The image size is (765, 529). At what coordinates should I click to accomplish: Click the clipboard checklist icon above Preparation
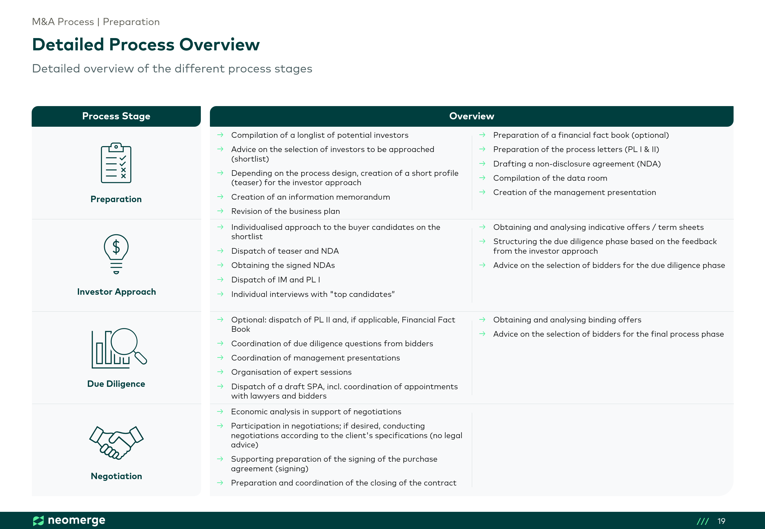click(x=116, y=163)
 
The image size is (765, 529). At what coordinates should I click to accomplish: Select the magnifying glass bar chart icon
click(x=119, y=348)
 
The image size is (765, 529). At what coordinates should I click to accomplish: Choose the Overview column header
click(x=471, y=116)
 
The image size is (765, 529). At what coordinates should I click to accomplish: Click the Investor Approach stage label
click(x=116, y=292)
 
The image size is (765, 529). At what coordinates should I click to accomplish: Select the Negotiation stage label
click(x=116, y=476)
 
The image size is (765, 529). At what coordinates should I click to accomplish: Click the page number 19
click(x=721, y=521)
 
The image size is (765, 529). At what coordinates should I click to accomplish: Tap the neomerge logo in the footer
click(x=69, y=520)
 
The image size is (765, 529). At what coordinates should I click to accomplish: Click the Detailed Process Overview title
click(x=146, y=45)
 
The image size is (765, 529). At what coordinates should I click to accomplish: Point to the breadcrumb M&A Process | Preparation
click(x=96, y=22)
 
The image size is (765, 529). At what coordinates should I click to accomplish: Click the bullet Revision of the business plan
click(x=286, y=211)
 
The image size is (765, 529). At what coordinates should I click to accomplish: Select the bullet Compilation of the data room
click(x=550, y=178)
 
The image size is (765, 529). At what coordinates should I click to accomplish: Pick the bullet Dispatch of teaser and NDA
click(x=285, y=251)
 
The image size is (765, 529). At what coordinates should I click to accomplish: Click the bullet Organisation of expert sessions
click(x=291, y=372)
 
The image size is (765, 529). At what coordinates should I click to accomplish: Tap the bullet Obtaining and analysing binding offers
click(x=567, y=320)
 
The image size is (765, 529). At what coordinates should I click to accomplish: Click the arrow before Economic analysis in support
click(x=220, y=411)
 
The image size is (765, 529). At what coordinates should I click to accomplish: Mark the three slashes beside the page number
click(x=703, y=521)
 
